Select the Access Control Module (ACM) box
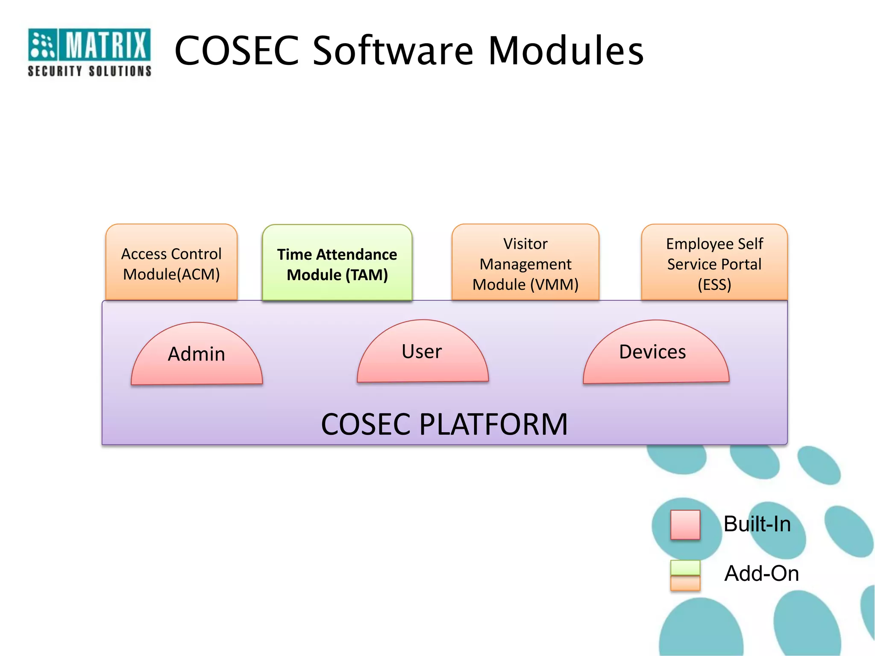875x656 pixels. tap(171, 263)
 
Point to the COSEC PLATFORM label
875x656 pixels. tap(444, 425)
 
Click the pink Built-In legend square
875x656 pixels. tap(685, 524)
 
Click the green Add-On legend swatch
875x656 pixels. tap(685, 568)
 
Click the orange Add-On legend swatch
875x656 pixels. tap(685, 583)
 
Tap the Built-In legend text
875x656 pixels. tap(757, 524)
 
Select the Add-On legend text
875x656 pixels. tap(761, 574)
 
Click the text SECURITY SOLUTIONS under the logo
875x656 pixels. tap(89, 71)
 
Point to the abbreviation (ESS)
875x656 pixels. tap(714, 284)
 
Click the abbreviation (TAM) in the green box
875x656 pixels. tap(366, 275)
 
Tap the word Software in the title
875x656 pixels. tap(393, 51)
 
